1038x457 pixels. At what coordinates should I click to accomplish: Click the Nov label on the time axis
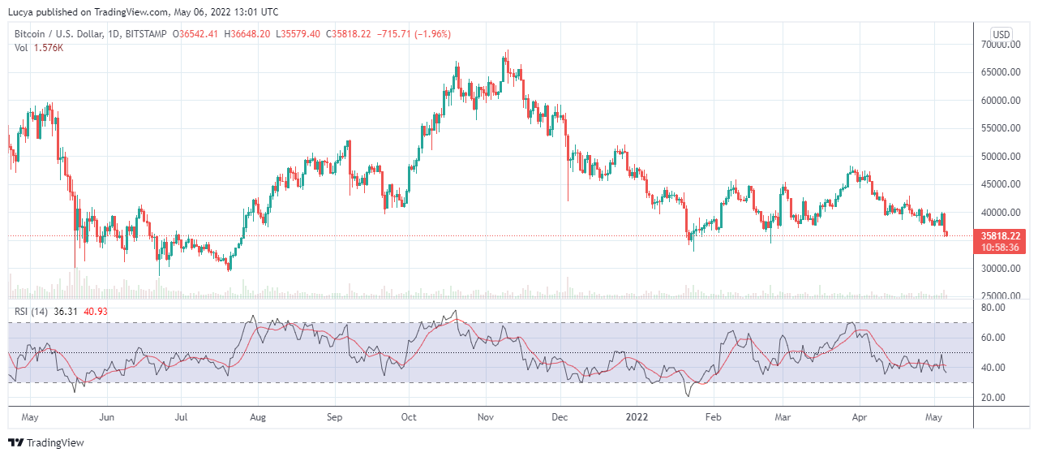coord(485,417)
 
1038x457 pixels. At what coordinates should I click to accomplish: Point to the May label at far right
coord(935,417)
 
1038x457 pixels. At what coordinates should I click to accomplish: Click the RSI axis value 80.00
coord(993,308)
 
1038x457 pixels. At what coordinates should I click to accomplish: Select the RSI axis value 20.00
coord(993,398)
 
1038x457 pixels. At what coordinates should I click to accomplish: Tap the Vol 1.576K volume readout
coord(39,48)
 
